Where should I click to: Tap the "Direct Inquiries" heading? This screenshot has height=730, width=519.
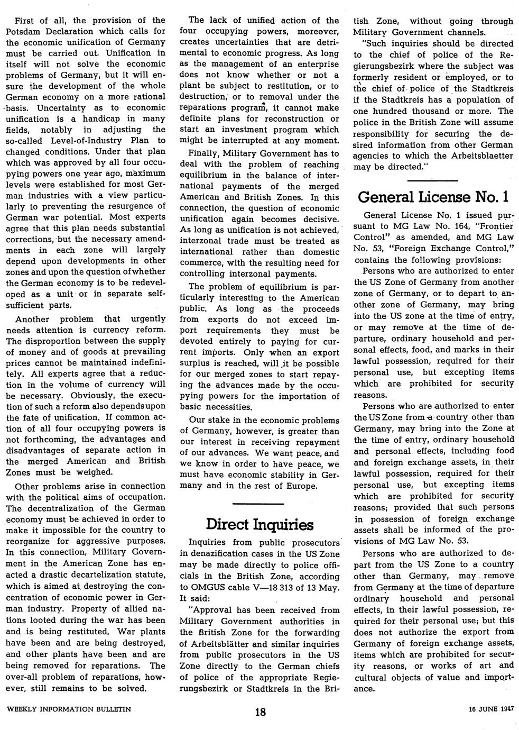[x=259, y=524]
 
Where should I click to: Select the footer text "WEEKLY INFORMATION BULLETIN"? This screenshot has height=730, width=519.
[x=69, y=708]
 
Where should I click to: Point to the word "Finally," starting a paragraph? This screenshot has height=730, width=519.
[x=206, y=153]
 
